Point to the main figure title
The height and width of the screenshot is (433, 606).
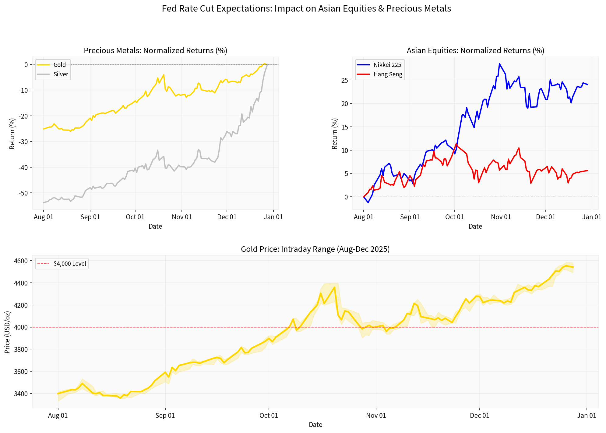click(306, 9)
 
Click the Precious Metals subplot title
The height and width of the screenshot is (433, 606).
click(155, 50)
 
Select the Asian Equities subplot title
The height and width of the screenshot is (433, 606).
click(475, 50)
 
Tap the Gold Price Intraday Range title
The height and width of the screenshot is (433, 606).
click(315, 249)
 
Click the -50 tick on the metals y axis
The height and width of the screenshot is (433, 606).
click(23, 193)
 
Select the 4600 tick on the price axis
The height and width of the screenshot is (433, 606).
click(21, 261)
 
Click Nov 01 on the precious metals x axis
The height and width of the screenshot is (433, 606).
click(182, 217)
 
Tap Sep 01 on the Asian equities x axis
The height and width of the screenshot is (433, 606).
click(410, 217)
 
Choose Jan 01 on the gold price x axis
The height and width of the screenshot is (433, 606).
click(587, 415)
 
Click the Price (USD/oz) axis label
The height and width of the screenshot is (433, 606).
click(7, 332)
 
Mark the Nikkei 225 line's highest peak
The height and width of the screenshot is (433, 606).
click(499, 64)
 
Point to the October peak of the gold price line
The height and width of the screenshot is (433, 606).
click(334, 287)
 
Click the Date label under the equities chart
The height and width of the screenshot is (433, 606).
click(475, 226)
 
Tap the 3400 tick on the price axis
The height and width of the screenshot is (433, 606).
click(21, 394)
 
